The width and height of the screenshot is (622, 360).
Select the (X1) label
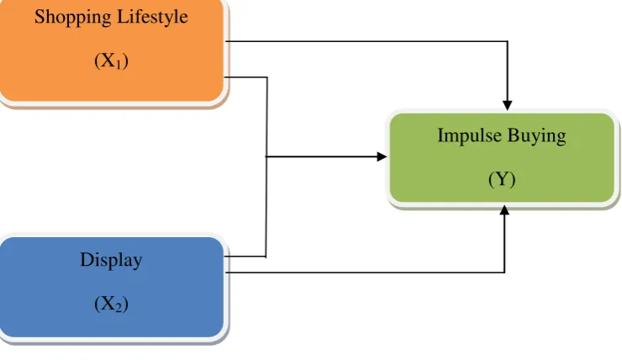[x=111, y=61]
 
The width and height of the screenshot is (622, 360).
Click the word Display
[x=111, y=261]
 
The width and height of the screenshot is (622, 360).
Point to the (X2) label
[x=111, y=304]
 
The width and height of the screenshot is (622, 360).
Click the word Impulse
[x=470, y=136]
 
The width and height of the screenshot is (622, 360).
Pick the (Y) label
[x=502, y=179]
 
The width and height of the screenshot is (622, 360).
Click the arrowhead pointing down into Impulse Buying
[x=508, y=105]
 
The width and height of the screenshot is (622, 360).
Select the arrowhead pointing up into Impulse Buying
[x=504, y=210]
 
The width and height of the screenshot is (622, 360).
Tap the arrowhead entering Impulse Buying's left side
[x=381, y=156]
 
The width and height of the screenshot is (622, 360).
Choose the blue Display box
[x=112, y=287]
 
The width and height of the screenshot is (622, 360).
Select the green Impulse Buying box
[x=502, y=157]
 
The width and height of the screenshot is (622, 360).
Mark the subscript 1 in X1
[x=118, y=65]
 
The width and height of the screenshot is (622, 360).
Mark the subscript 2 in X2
[x=119, y=308]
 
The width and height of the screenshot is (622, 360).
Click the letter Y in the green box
[x=502, y=179]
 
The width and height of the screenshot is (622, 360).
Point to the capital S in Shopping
[x=40, y=17]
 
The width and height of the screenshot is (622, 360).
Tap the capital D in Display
[x=88, y=260]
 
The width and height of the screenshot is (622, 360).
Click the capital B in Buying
[x=513, y=135]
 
